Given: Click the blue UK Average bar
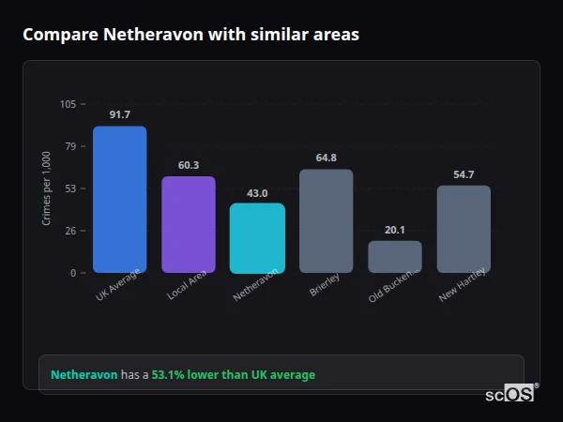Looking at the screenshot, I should [x=119, y=199].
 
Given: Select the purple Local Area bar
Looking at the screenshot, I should [x=188, y=224].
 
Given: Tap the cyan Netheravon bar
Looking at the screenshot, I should [x=257, y=237].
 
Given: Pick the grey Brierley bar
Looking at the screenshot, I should [x=326, y=220].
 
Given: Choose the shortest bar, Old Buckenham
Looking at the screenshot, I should [x=394, y=256].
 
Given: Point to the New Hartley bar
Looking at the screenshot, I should [x=464, y=229].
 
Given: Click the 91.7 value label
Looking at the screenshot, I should [x=119, y=114].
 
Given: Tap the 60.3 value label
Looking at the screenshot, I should [x=188, y=165].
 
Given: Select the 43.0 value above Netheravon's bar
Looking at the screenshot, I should [x=257, y=192].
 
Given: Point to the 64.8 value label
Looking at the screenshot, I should [x=326, y=158].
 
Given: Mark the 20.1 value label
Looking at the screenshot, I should [x=394, y=230].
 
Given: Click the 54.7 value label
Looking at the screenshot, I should [x=464, y=174].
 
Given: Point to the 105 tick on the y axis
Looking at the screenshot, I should [x=68, y=104].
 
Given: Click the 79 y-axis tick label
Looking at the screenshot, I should [x=70, y=146].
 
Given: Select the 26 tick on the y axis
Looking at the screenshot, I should [x=70, y=231].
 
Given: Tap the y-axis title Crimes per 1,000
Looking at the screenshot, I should [x=47, y=188].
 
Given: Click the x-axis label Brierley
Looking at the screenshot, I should [x=325, y=285].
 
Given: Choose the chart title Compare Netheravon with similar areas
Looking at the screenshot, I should [x=190, y=34].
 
